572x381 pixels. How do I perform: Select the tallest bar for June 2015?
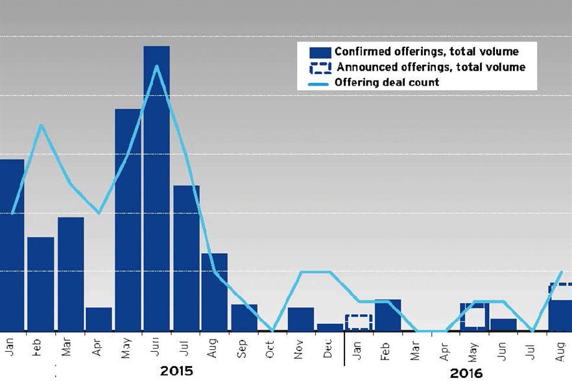[156, 188]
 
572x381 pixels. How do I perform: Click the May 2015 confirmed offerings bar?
[128, 221]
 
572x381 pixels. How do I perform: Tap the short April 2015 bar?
[99, 319]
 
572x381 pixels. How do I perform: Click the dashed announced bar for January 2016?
[359, 322]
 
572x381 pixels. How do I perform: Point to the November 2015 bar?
[301, 319]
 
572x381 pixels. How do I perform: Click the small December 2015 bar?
[330, 327]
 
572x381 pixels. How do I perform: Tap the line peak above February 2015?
[42, 125]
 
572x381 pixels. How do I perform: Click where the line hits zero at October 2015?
[272, 330]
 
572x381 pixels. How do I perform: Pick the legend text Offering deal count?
[387, 82]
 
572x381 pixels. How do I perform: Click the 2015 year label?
[176, 371]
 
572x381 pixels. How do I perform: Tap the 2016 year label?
[466, 373]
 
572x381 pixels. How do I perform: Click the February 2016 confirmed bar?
[388, 315]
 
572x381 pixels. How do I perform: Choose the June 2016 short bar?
[503, 325]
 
